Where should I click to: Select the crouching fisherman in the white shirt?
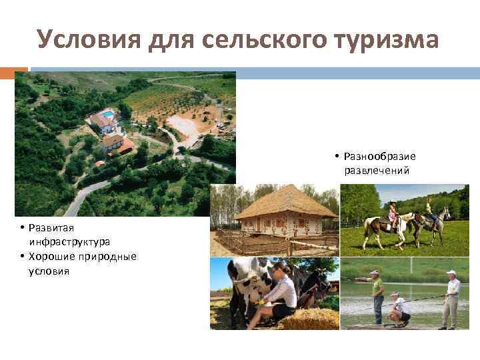[399, 309]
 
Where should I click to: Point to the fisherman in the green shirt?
[377, 294]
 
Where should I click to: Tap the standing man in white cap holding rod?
[452, 298]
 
